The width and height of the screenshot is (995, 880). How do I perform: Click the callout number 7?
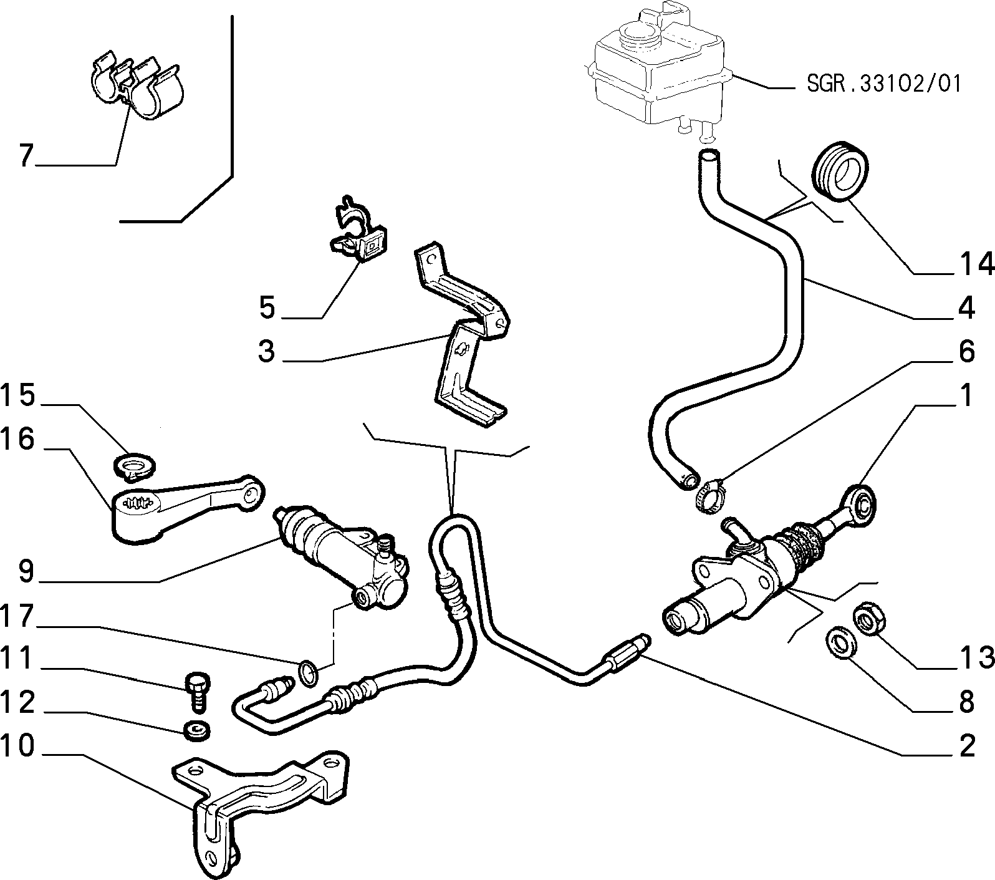pyautogui.click(x=25, y=155)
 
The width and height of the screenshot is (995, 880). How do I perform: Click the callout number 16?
pyautogui.click(x=17, y=439)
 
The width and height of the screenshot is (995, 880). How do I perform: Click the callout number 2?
pyautogui.click(x=966, y=746)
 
